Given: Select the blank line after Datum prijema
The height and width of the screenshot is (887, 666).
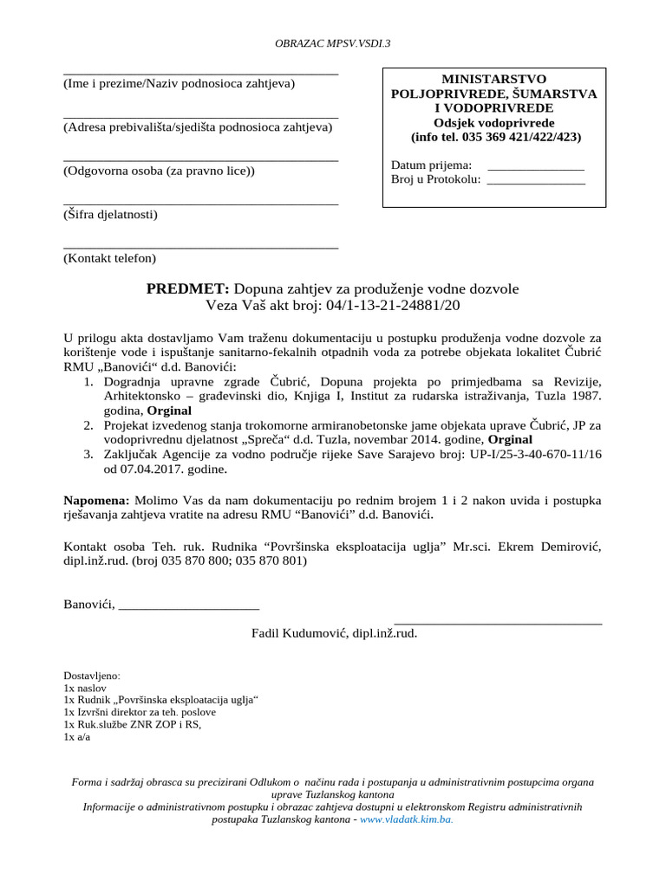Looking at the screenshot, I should pos(536,165).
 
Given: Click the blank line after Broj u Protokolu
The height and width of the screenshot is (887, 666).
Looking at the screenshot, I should pos(536,179).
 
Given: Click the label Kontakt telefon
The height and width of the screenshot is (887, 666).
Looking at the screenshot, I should pos(109,258).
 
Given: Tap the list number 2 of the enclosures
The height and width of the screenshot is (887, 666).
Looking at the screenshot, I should pos(88,425).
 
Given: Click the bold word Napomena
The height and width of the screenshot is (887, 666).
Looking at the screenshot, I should pos(96,501).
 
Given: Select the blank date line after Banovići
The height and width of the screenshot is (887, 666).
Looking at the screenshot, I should pos(189,604).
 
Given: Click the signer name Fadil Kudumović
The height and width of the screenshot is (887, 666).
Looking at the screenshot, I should pos(299,633).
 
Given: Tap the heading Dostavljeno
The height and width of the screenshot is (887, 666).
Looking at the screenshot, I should pos(92,675).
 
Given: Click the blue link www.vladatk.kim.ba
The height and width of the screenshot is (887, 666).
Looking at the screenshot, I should pos(406,819).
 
